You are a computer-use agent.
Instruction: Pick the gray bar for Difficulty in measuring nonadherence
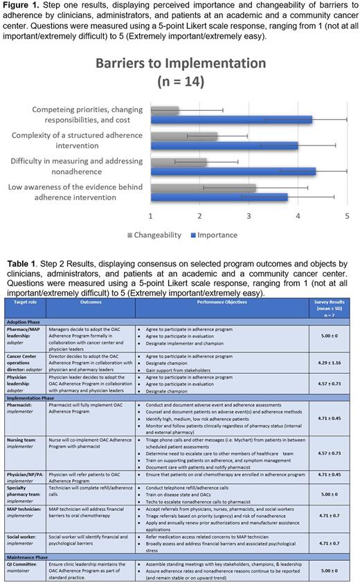[x=178, y=162]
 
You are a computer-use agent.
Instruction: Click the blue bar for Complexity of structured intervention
[x=224, y=145]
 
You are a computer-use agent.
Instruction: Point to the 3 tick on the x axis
[x=249, y=216]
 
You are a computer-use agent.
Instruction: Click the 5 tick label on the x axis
[x=347, y=216]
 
